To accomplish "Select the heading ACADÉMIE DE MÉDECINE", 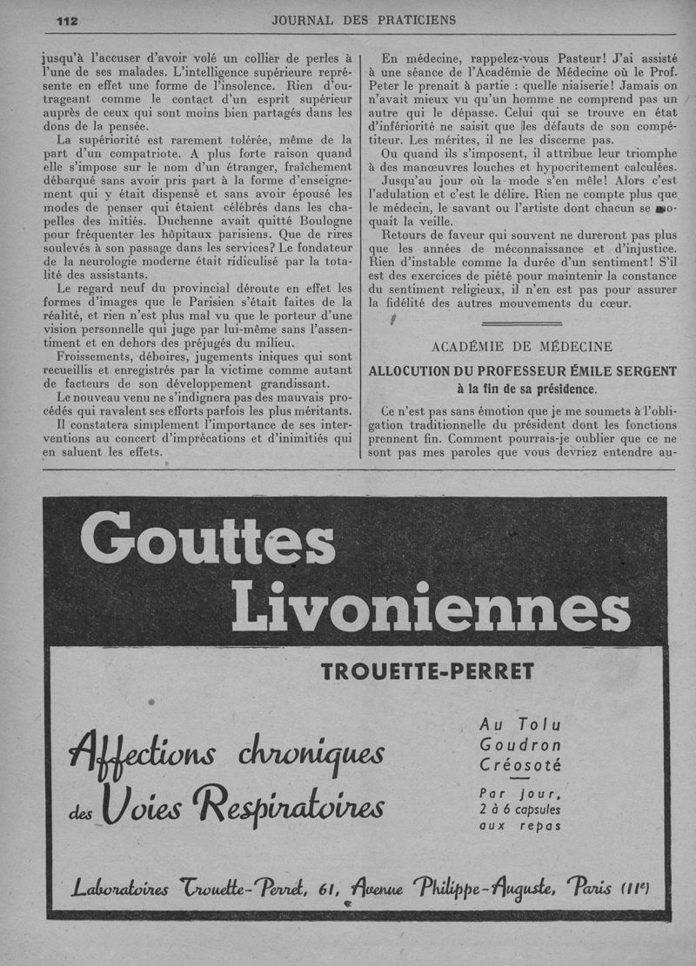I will [x=522, y=346].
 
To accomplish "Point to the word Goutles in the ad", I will [x=207, y=542].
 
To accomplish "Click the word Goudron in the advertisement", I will [x=520, y=744].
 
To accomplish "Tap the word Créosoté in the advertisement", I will [x=520, y=765].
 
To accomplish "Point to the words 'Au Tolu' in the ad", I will [x=520, y=723].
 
